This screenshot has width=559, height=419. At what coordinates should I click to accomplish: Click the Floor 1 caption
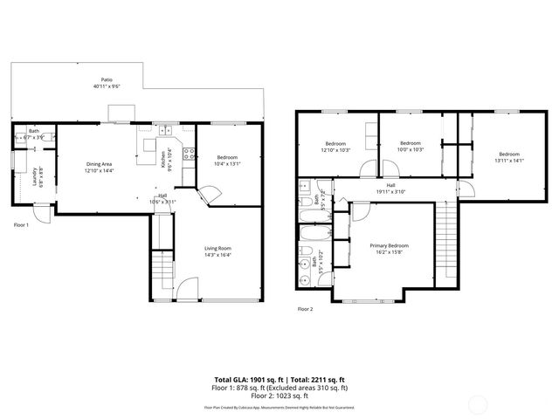(x=22, y=225)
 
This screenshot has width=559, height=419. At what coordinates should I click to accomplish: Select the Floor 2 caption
(x=305, y=309)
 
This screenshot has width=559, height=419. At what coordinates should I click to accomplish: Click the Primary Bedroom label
(x=389, y=246)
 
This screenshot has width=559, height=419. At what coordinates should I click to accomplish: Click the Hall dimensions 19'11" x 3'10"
(x=390, y=191)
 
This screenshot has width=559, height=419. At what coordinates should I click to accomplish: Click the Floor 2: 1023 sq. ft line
(x=281, y=395)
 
